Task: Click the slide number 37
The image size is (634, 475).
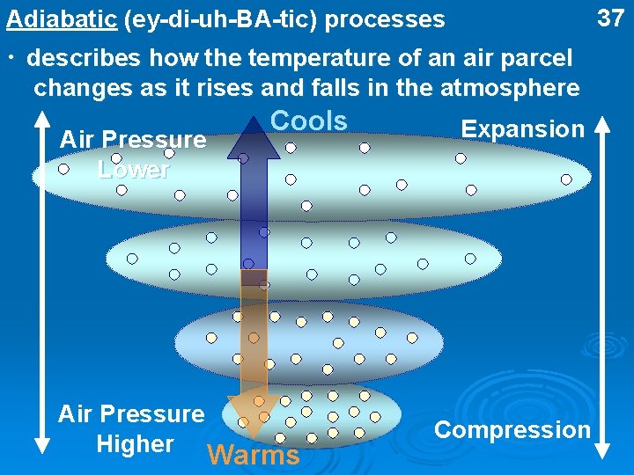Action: (610, 17)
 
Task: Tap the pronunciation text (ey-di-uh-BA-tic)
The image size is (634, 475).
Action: (219, 18)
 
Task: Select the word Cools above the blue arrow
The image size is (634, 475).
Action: (308, 121)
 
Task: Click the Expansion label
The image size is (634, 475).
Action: (522, 129)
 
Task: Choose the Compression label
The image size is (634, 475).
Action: (512, 430)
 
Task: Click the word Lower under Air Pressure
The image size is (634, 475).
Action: (133, 169)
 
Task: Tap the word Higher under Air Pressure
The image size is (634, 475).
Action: (135, 443)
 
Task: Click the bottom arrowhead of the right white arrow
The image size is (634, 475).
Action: (602, 449)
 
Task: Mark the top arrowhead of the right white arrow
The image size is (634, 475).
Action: (602, 122)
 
